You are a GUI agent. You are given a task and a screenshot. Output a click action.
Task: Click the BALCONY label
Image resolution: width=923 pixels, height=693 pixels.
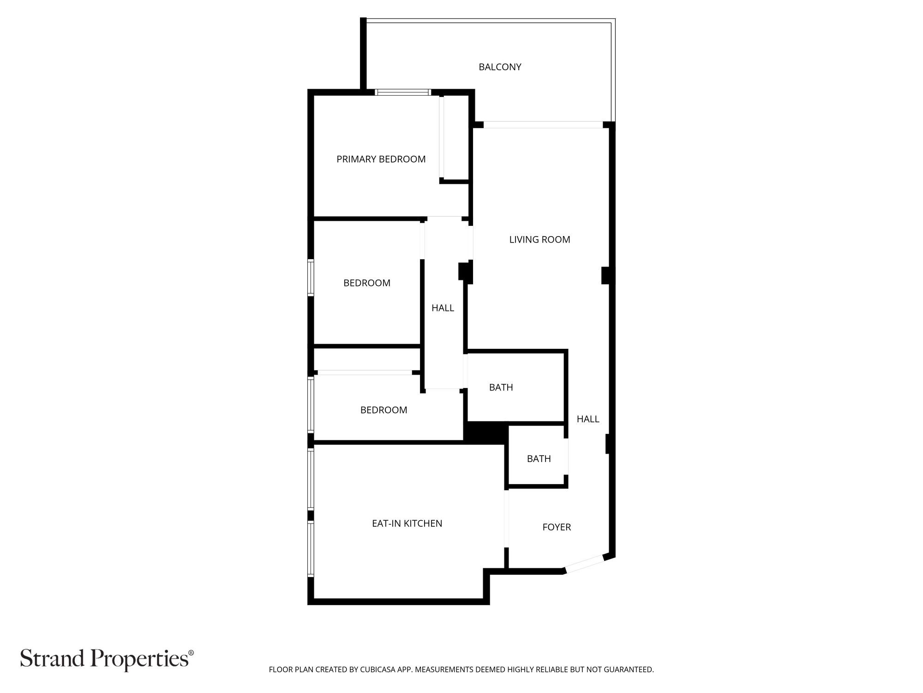click(500, 67)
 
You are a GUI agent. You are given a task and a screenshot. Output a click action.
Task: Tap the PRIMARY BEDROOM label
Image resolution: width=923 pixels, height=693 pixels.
click(381, 159)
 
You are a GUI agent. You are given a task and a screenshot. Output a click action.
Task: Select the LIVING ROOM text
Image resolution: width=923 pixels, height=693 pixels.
click(539, 239)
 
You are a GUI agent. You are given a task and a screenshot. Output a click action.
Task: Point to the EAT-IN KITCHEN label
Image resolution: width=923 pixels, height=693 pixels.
click(407, 523)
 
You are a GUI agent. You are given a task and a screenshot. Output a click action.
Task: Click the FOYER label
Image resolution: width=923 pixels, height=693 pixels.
click(557, 527)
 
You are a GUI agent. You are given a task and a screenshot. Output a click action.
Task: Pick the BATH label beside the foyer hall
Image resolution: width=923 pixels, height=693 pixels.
click(539, 459)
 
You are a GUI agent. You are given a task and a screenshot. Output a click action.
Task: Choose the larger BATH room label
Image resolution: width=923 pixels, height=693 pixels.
click(501, 387)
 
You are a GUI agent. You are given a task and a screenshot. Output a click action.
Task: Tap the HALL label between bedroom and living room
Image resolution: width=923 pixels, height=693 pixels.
click(443, 308)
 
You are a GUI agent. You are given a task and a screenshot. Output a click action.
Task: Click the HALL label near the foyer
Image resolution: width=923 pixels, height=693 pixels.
click(588, 419)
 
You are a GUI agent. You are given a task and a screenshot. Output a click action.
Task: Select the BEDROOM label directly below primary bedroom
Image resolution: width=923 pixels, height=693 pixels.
click(367, 283)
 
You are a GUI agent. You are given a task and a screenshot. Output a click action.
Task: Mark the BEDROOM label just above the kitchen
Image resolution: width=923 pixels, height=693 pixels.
click(384, 410)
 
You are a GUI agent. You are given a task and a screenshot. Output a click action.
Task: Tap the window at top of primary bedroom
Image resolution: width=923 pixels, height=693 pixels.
click(403, 92)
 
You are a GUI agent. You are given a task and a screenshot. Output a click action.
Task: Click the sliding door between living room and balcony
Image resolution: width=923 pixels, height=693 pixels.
click(543, 125)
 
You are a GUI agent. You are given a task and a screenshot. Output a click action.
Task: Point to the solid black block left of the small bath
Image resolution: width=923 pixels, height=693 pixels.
click(485, 433)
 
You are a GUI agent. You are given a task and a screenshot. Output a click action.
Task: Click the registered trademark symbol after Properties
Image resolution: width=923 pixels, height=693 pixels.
click(191, 652)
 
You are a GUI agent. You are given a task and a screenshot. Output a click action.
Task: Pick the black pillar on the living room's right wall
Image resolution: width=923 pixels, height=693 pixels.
click(607, 276)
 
